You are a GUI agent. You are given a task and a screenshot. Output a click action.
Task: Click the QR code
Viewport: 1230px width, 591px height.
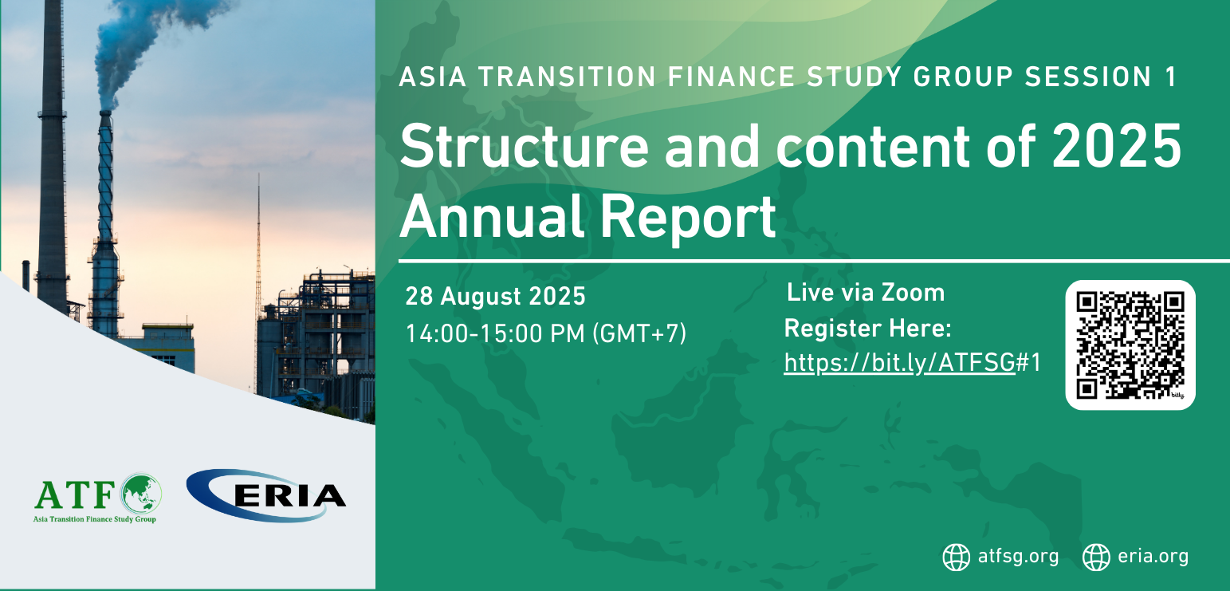(1130, 345)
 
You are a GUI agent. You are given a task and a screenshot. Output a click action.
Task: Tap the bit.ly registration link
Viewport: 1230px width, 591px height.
(912, 363)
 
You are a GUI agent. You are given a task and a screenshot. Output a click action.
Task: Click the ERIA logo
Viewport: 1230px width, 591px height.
(266, 495)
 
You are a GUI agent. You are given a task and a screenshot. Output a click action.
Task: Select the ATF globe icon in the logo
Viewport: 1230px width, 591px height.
(141, 494)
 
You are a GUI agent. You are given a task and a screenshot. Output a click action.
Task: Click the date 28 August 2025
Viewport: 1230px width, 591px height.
(495, 296)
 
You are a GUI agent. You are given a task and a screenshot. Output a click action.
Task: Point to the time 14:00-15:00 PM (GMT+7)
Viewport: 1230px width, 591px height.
(546, 333)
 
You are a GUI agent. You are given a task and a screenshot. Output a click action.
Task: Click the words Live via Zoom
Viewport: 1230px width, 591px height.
(866, 292)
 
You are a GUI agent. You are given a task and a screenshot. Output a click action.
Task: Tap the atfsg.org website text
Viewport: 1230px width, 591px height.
(1018, 557)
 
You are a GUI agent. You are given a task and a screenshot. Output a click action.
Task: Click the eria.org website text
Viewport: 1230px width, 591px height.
(1153, 557)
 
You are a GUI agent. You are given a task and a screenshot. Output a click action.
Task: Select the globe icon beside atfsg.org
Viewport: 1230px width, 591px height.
(956, 558)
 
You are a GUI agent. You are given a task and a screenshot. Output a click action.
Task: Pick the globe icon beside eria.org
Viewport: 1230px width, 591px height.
(1096, 558)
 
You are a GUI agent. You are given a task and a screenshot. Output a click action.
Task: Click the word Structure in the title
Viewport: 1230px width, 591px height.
(525, 146)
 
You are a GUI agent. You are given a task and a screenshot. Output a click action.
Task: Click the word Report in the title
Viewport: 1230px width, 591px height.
(687, 218)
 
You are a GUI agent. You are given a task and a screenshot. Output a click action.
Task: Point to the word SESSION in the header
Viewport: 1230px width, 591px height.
(1087, 77)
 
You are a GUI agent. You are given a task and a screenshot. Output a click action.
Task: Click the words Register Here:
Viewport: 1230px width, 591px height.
(867, 329)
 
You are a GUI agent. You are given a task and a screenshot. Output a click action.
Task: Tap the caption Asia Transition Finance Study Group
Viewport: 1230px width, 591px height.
(94, 519)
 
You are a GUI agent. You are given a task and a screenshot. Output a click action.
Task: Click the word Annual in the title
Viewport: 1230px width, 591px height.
(491, 217)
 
